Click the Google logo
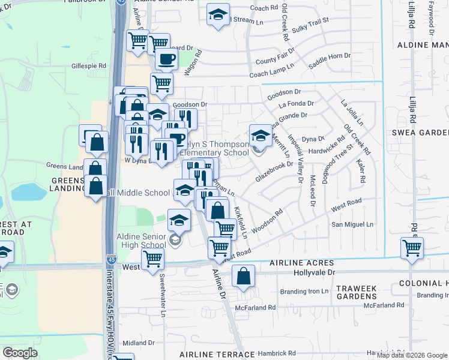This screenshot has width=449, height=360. [20, 353]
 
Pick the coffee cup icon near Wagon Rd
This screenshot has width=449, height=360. [166, 59]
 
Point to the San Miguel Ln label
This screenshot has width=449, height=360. [353, 224]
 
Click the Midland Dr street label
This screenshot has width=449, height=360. [139, 343]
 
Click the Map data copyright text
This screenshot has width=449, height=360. [411, 355]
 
